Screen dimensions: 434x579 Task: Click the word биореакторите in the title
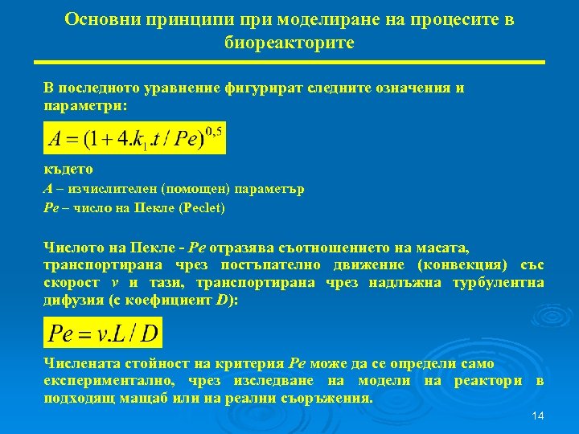click(289, 42)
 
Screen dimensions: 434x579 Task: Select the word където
click(68, 170)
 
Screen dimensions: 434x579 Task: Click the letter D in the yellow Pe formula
click(149, 333)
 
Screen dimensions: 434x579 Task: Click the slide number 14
click(538, 416)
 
